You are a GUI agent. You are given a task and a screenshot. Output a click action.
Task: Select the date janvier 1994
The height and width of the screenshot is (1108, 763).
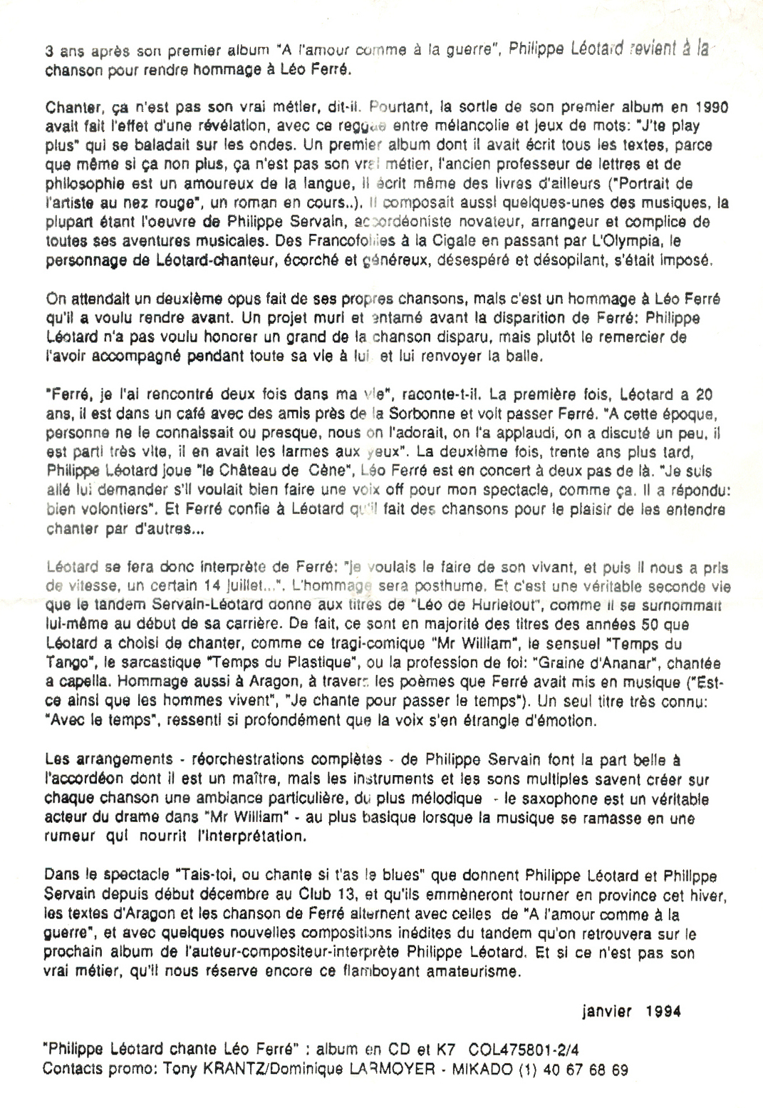coord(630,1011)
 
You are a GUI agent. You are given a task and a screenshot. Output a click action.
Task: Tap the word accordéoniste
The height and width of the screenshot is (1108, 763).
coord(400,222)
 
